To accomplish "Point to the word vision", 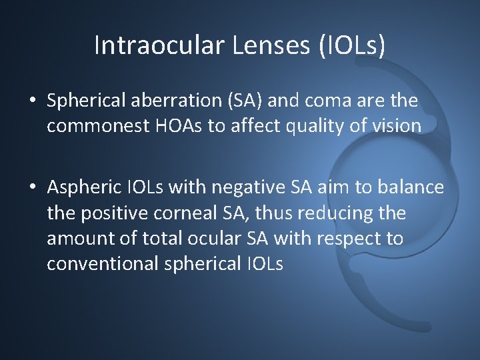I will [x=397, y=127].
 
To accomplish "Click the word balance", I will [x=411, y=188].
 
